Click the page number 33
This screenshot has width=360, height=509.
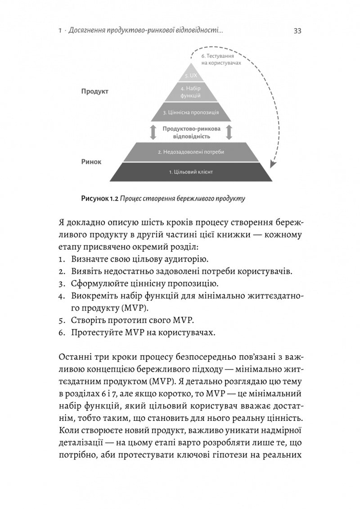pyautogui.click(x=297, y=31)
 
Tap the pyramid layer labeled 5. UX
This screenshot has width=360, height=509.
pyautogui.click(x=191, y=76)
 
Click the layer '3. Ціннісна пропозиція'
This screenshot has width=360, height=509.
pyautogui.click(x=191, y=112)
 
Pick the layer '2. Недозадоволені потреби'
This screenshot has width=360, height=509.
pyautogui.click(x=191, y=152)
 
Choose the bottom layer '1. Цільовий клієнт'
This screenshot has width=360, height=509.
pyautogui.click(x=191, y=172)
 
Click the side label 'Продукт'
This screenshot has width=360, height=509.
pyautogui.click(x=95, y=91)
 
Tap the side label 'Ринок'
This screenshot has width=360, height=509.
pyautogui.click(x=91, y=161)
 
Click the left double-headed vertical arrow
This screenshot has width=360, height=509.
pyautogui.click(x=153, y=132)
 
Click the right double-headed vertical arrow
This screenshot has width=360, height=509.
pyautogui.click(x=229, y=132)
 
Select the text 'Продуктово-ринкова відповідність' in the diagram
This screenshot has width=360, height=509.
pyautogui.click(x=191, y=132)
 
